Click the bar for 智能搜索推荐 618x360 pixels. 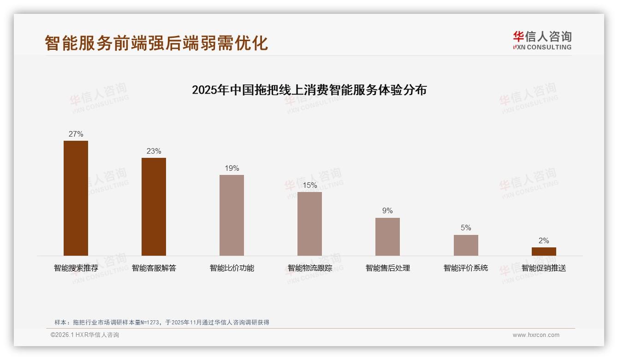click(76, 198)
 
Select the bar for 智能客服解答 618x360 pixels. click(154, 207)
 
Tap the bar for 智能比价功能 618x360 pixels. click(232, 215)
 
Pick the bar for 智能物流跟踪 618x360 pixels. click(309, 224)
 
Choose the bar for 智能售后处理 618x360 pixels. click(387, 237)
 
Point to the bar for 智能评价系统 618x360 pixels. click(466, 245)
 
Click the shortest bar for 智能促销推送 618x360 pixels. click(544, 252)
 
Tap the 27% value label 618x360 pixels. click(76, 134)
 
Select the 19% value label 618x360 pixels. click(232, 168)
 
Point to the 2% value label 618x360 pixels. click(544, 241)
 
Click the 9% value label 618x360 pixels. click(387, 211)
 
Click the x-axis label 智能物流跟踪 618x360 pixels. click(309, 268)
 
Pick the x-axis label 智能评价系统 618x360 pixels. click(466, 268)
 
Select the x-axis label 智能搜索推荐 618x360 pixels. click(76, 268)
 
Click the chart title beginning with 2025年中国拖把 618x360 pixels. click(309, 90)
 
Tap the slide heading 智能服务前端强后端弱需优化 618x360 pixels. click(156, 43)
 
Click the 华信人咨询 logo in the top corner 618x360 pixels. click(542, 40)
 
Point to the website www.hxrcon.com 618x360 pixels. click(536, 335)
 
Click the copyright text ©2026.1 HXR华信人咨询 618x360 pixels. click(85, 335)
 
